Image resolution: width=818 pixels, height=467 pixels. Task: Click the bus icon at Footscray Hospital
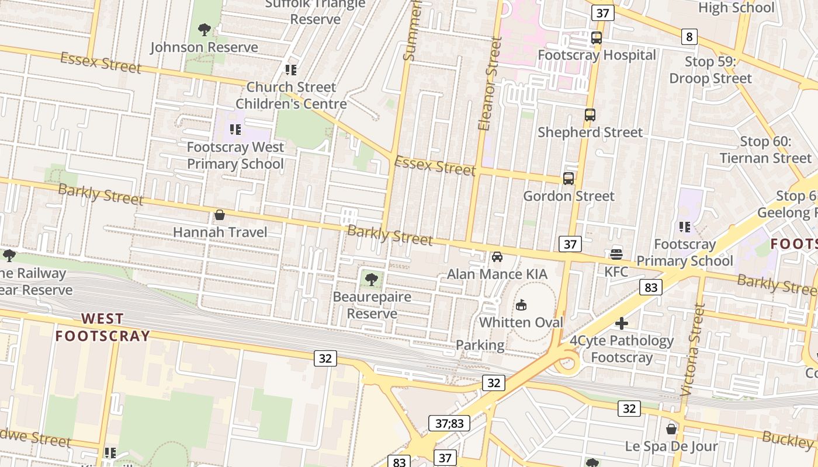point(596,38)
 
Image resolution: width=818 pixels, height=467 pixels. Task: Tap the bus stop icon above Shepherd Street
point(590,115)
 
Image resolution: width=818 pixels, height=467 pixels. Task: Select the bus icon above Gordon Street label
point(568,179)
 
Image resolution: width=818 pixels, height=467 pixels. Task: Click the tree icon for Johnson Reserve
point(204,29)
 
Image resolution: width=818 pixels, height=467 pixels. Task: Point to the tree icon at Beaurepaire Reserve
point(371,279)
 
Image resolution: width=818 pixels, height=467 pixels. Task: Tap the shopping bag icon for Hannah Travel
point(220,215)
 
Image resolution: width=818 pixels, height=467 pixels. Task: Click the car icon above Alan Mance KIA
point(497,257)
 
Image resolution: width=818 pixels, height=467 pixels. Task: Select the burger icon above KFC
point(616,254)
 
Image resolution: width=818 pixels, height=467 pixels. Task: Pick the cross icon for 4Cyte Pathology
point(622,323)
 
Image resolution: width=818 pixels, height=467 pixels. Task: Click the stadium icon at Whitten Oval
point(521,305)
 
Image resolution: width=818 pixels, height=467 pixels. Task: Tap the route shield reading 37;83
point(449,423)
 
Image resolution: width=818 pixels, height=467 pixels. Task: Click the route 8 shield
point(689,37)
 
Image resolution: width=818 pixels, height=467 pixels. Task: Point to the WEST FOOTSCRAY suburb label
point(102,327)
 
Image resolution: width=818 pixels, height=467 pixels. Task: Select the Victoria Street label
point(694,350)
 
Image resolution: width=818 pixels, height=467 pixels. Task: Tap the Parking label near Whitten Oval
point(480,345)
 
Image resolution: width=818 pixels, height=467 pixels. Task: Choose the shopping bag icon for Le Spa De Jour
point(671,429)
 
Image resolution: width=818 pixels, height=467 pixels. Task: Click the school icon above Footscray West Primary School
point(235,129)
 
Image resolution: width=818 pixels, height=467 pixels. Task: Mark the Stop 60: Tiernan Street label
point(765,149)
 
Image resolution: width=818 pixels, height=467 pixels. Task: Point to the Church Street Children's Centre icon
point(290,70)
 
